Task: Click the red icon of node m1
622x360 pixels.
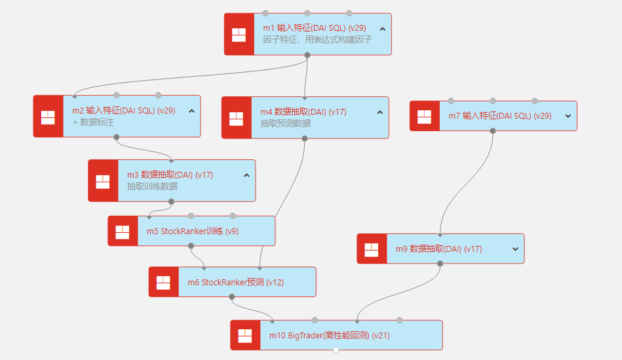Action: [x=239, y=34]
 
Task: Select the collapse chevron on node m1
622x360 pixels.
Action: [x=382, y=28]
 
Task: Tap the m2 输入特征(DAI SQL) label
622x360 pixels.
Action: [x=123, y=110]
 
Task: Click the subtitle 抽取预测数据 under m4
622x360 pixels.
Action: [x=285, y=123]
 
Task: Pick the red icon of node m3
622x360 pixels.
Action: [x=103, y=181]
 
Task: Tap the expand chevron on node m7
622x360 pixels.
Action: [x=568, y=116]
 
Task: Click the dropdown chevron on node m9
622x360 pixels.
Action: [x=515, y=249]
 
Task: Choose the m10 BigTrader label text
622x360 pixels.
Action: [x=329, y=335]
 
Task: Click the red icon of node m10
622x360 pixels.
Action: [x=245, y=335]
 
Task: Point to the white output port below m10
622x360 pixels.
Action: [x=336, y=350]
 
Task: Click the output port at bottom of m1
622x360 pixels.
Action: [x=307, y=55]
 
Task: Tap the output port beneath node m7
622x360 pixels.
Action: [x=493, y=130]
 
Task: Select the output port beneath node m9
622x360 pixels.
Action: [x=440, y=264]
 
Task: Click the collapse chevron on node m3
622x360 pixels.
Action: [x=246, y=175]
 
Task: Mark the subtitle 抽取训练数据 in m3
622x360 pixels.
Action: [x=152, y=186]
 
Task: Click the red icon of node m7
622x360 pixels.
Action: [x=425, y=116]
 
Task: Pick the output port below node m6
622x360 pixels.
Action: [x=232, y=297]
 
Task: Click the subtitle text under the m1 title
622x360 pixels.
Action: [x=317, y=39]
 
